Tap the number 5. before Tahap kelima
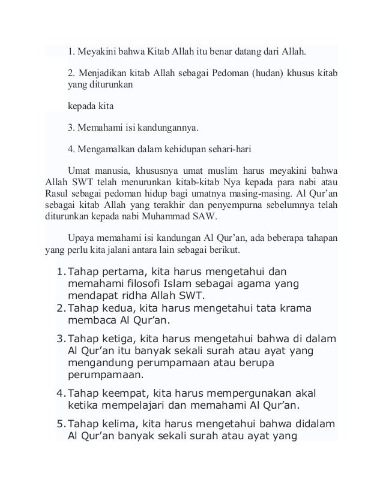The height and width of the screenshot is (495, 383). coord(60,424)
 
